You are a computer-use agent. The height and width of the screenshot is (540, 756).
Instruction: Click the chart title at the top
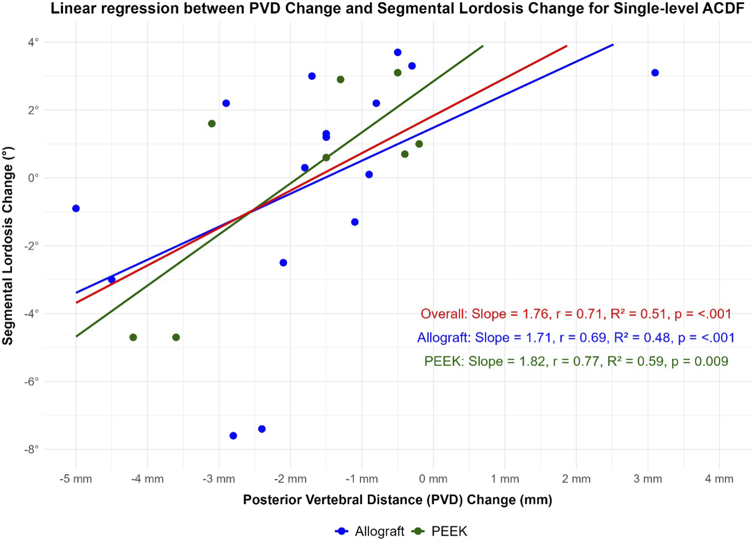pyautogui.click(x=397, y=8)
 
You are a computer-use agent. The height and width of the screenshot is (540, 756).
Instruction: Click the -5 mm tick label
pyautogui.click(x=76, y=479)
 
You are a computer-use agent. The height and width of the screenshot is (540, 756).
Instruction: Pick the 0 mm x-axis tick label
pyautogui.click(x=433, y=479)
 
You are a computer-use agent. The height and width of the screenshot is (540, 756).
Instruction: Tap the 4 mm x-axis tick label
pyautogui.click(x=719, y=479)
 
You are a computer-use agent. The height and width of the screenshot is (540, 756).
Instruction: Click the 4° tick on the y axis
pyautogui.click(x=33, y=42)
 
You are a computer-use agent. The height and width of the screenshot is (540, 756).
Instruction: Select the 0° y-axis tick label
pyautogui.click(x=33, y=178)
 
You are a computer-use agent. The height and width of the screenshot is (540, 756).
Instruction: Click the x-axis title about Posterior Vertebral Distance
pyautogui.click(x=397, y=500)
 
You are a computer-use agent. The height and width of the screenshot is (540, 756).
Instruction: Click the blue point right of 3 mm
pyautogui.click(x=655, y=73)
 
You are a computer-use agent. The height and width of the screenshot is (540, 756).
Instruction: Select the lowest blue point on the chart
pyautogui.click(x=233, y=436)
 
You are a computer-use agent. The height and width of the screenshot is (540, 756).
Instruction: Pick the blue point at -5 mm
pyautogui.click(x=76, y=208)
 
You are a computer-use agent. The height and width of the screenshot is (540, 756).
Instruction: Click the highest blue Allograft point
pyautogui.click(x=397, y=52)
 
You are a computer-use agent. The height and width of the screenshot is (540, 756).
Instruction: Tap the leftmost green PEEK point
pyautogui.click(x=133, y=337)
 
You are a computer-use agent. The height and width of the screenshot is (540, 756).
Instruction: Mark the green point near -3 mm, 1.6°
pyautogui.click(x=212, y=124)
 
